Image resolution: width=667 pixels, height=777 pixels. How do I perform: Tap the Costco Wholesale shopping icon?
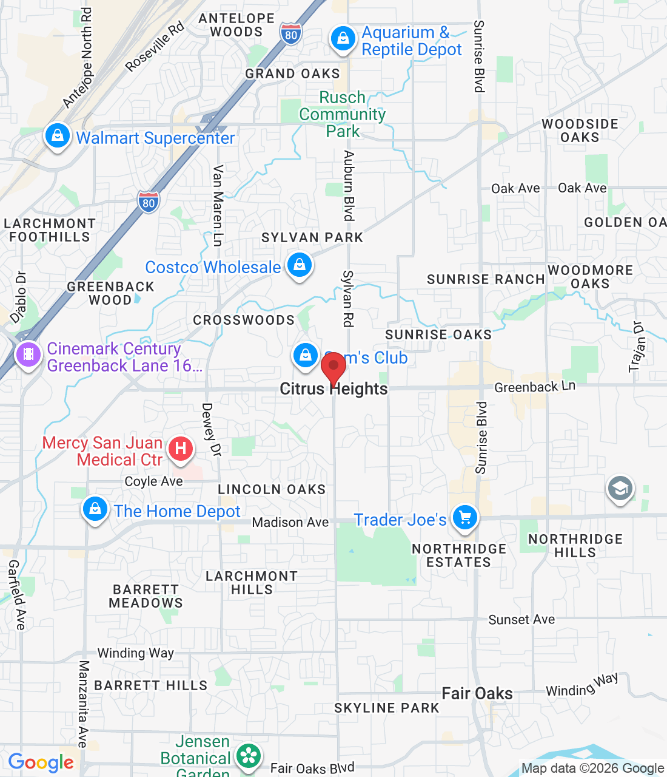[x=299, y=265]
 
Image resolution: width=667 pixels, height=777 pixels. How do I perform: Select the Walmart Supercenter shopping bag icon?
[x=58, y=136]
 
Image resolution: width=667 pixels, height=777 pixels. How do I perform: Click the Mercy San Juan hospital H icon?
[x=180, y=449]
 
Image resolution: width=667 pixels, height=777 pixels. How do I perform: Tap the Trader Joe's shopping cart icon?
[x=465, y=518]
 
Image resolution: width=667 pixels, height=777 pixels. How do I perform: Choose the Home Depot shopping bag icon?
[x=95, y=509]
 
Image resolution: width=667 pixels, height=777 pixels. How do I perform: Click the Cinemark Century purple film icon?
[x=28, y=354]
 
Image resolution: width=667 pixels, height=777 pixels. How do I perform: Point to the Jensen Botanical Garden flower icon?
[x=249, y=756]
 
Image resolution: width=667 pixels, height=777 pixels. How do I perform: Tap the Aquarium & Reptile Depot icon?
[x=343, y=39]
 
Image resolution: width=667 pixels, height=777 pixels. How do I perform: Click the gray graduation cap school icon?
[x=620, y=488]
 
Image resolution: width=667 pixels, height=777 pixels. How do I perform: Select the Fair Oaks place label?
[x=477, y=693]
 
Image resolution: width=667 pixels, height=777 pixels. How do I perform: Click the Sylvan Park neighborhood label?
[x=312, y=237]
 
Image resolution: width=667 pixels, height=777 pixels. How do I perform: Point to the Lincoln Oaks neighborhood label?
[x=272, y=489]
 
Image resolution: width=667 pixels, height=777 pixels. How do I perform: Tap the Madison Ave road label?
[x=290, y=522]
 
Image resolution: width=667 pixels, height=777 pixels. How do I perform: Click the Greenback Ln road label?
[x=535, y=387]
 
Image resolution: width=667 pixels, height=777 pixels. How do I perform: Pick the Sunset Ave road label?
[x=521, y=620]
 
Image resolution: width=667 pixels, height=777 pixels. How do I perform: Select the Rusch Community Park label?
[x=343, y=114]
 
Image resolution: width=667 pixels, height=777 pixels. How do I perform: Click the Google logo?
[x=41, y=762]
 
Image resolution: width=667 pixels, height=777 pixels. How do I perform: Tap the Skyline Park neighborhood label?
[x=387, y=708]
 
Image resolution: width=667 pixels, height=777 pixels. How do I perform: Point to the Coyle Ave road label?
[x=153, y=481]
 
